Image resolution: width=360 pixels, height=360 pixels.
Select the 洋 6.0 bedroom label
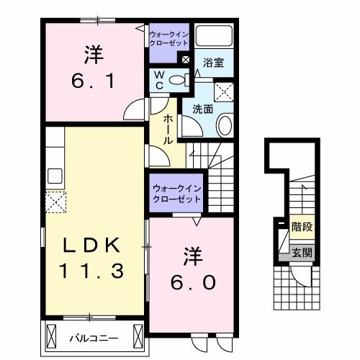pos(192,268)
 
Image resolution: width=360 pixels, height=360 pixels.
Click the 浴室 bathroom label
pos(214,63)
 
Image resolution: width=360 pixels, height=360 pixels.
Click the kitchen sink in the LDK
pos(54,176)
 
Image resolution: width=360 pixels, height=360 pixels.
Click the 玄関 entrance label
pos(301,252)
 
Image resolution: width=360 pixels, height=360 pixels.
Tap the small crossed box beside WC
pos(186,60)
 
